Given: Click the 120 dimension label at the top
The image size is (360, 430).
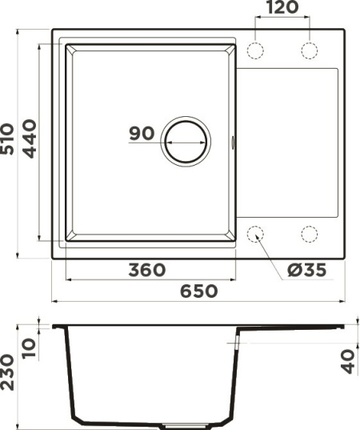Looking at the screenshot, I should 281,8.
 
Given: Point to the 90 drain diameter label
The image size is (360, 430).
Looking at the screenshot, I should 142,134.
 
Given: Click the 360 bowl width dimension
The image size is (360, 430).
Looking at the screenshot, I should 146,271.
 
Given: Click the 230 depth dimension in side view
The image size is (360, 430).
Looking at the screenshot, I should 9,372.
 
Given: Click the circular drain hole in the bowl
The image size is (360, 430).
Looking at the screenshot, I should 186,142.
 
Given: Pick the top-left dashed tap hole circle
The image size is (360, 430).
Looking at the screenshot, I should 256,50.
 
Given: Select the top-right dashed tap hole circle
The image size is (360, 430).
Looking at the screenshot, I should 309,50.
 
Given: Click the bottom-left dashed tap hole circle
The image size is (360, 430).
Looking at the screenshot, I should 256,234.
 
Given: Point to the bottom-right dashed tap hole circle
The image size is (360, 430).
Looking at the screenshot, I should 309,234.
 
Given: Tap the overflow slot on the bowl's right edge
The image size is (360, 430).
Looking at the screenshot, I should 233,143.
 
